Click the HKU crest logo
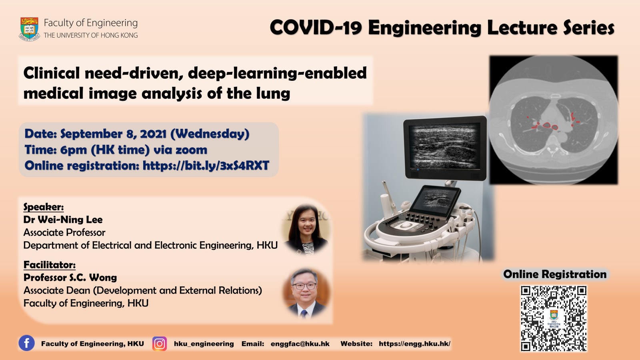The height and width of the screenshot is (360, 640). pos(30,29)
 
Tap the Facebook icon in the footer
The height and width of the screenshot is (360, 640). pos(26,343)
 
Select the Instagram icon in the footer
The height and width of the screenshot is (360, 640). pos(160,344)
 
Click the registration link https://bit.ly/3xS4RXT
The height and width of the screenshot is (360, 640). pos(206,166)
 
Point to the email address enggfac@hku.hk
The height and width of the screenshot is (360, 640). pos(300,344)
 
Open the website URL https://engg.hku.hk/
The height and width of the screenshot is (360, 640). pos(414,344)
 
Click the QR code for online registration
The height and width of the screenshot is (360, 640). pos(554,318)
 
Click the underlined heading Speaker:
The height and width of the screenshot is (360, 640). pos(44,206)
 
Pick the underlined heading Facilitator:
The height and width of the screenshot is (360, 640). pos(50,265)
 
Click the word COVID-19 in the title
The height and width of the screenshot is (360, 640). pos(316,28)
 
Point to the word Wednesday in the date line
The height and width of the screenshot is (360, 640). pos(210,134)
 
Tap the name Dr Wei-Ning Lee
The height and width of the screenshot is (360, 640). pos(63,220)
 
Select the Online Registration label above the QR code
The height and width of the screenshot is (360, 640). pos(554,274)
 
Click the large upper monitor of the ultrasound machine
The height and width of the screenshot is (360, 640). pos(445,148)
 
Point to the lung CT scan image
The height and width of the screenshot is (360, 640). pos(554,120)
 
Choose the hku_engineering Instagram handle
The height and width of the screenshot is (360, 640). pos(204,344)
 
